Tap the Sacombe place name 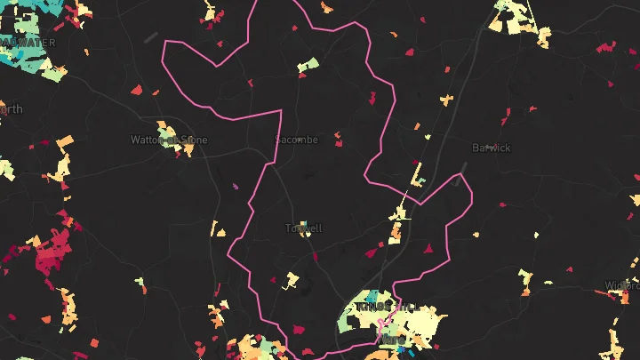click(x=296, y=140)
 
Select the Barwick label click(x=492, y=148)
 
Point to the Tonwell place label click(x=303, y=228)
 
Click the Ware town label click(x=391, y=340)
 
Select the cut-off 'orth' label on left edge click(x=12, y=109)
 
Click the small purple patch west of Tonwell click(x=236, y=187)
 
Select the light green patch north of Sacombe click(x=308, y=65)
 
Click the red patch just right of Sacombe click(x=339, y=140)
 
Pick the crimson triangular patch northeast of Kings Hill click(x=428, y=248)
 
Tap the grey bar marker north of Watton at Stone click(x=151, y=36)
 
